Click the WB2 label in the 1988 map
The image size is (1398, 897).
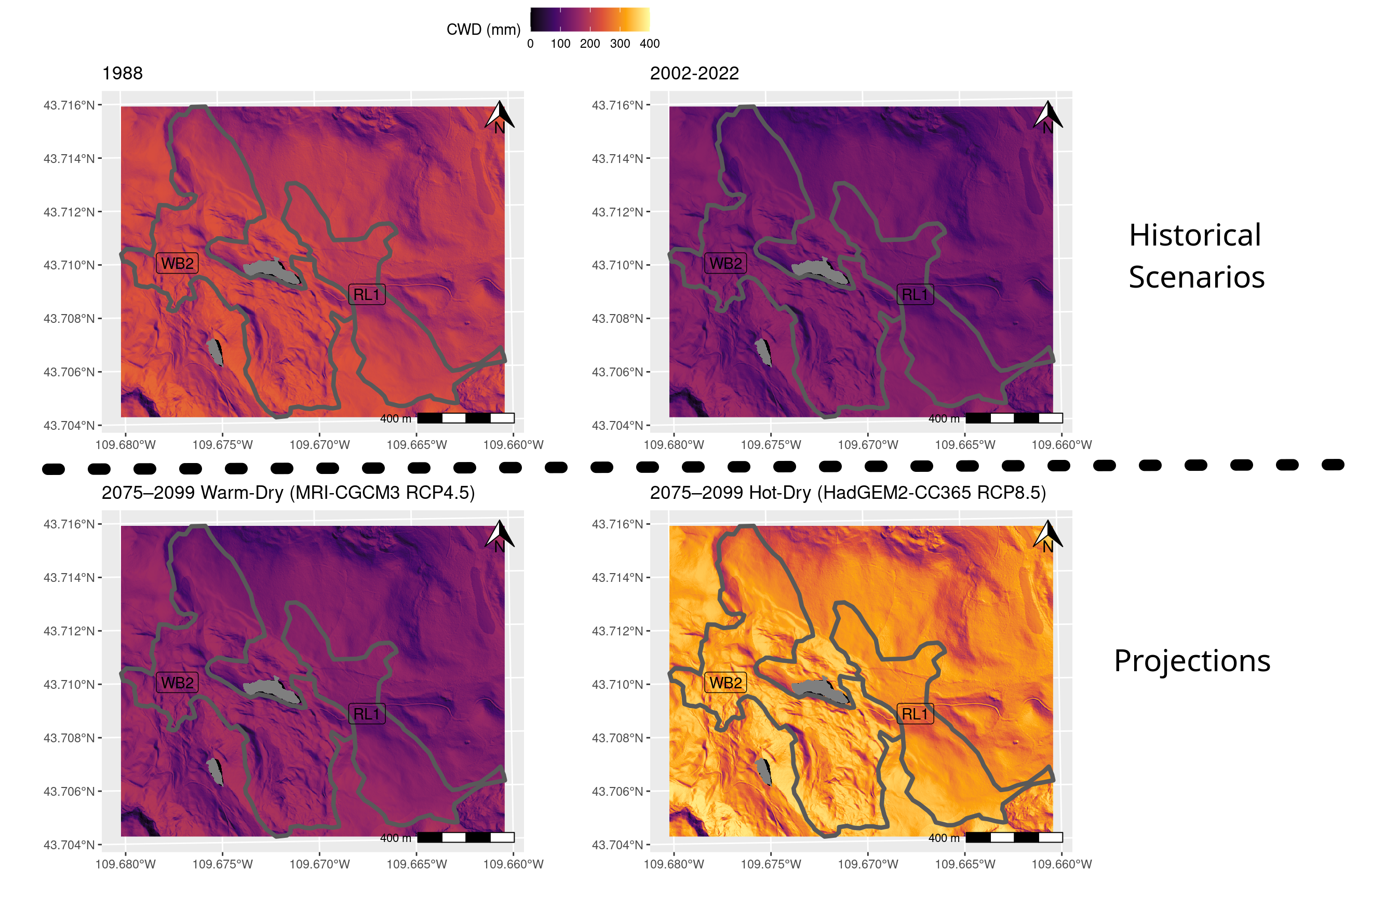tap(177, 263)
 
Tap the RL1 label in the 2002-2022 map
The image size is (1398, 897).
tap(915, 295)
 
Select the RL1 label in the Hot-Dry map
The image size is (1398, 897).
tap(915, 714)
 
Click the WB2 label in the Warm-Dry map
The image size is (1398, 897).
tap(177, 682)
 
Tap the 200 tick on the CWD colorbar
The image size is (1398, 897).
tap(590, 44)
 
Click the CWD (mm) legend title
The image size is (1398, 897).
tap(483, 30)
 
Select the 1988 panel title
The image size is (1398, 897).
tap(123, 73)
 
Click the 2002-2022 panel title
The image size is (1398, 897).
tap(694, 73)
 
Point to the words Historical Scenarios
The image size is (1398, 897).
tap(1196, 256)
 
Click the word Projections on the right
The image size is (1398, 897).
tap(1192, 661)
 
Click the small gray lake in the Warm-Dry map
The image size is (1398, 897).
tap(216, 772)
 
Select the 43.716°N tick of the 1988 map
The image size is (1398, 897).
tap(69, 105)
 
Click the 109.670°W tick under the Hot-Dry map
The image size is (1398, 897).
tap(868, 864)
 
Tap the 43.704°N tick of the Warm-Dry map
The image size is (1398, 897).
tap(69, 845)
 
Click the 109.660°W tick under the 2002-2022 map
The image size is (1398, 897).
tap(1061, 445)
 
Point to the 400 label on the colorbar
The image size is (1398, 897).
tap(649, 44)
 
